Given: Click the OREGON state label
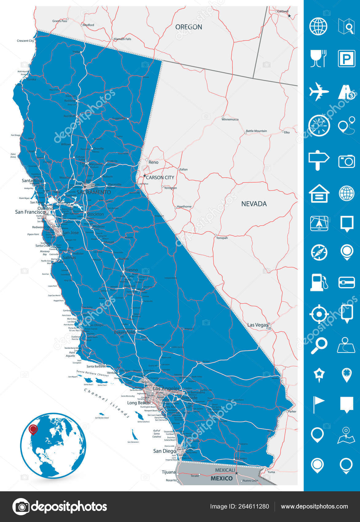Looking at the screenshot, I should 189,27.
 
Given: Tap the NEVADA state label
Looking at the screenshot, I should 254,204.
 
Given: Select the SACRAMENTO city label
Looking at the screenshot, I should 94,192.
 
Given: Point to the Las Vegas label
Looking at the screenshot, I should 257,325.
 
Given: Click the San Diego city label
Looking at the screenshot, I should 165,451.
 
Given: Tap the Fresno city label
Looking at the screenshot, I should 131,270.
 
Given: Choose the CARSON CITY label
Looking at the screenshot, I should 160,177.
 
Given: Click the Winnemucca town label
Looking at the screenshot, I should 230,119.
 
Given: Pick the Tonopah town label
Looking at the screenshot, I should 222,238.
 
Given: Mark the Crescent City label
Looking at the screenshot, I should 25,41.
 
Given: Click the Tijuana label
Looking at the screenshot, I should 169,472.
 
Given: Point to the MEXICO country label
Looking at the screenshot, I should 221,478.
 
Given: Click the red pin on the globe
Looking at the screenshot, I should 33,429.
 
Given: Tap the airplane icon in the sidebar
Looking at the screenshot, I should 319,92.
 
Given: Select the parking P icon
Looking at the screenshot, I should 346,58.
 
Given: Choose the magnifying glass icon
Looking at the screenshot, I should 319,345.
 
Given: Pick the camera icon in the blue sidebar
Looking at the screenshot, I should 346,161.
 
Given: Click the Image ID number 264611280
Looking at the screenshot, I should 255,506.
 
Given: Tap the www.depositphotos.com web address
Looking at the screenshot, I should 314,506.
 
